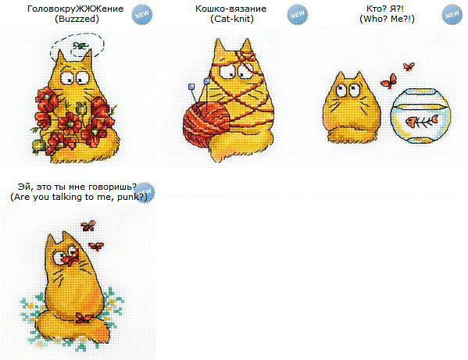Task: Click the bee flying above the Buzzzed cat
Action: pyautogui.click(x=80, y=45)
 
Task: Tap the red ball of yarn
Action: pyautogui.click(x=206, y=123)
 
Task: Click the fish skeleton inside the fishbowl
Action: pyautogui.click(x=421, y=121)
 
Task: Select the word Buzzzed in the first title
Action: pyautogui.click(x=77, y=19)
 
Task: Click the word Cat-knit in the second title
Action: pyautogui.click(x=232, y=19)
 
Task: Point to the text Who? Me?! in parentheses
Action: pyautogui.click(x=387, y=19)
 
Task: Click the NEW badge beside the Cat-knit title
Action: pyautogui.click(x=298, y=14)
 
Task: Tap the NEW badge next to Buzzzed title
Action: pyautogui.click(x=142, y=14)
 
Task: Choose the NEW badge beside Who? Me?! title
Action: pyautogui.click(x=452, y=14)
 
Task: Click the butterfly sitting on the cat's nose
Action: pyautogui.click(x=71, y=258)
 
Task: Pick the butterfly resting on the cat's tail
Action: pyautogui.click(x=83, y=318)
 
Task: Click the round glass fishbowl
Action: pyautogui.click(x=420, y=116)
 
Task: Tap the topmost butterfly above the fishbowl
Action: pyautogui.click(x=409, y=66)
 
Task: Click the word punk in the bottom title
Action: pyautogui.click(x=128, y=197)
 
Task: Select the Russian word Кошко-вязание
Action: pyautogui.click(x=230, y=9)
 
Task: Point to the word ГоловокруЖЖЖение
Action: pyautogui.click(x=75, y=9)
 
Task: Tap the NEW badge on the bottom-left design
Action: pyautogui.click(x=145, y=192)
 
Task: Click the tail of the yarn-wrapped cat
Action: pyautogui.click(x=239, y=145)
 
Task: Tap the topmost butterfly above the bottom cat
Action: pyautogui.click(x=88, y=226)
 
